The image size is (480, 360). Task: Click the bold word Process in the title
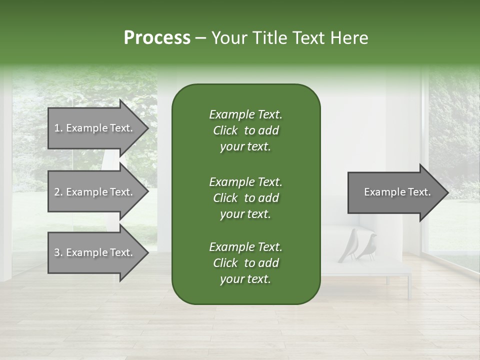[157, 38]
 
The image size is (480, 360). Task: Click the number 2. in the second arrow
[58, 192]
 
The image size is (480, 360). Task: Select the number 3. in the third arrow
[58, 252]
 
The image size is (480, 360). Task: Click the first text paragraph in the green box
[245, 130]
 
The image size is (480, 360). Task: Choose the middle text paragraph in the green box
[245, 198]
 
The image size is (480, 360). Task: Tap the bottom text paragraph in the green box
[245, 263]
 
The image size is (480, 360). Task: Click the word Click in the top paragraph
[225, 130]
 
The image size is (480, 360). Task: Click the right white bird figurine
[369, 245]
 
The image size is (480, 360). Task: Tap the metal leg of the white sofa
[408, 287]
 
